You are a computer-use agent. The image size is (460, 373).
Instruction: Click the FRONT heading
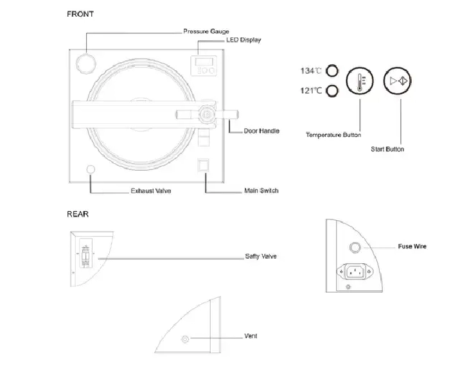click(80, 14)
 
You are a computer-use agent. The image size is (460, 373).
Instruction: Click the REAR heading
click(78, 214)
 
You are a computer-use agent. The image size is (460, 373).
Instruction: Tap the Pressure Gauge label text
click(206, 31)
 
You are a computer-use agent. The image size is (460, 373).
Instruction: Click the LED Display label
click(243, 40)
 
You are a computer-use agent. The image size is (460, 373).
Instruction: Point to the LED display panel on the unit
click(204, 65)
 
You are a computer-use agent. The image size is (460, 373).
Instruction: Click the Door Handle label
click(261, 131)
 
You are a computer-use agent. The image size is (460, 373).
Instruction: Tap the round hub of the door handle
click(206, 114)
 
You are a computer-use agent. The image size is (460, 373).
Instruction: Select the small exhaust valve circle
click(91, 169)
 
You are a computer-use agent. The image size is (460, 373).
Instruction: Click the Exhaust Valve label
click(151, 191)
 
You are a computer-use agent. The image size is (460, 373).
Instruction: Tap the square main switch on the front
click(203, 166)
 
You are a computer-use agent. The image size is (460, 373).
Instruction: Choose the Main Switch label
click(261, 191)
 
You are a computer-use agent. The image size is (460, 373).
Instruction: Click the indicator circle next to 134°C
click(332, 71)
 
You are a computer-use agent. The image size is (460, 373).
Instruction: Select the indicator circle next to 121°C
click(332, 91)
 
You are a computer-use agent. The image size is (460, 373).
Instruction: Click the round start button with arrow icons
click(398, 81)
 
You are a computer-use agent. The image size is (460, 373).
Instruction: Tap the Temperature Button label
click(333, 135)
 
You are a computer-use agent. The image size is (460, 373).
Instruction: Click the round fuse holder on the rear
click(355, 247)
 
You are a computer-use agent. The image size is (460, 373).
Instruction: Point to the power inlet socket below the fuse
click(355, 272)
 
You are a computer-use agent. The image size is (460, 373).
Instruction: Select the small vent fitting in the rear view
click(185, 339)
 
